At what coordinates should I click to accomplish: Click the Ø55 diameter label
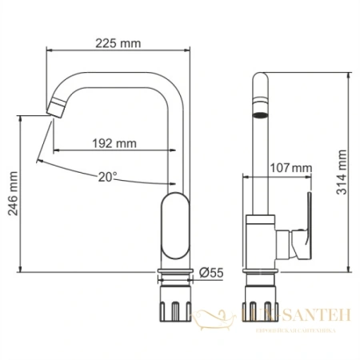pos(212,272)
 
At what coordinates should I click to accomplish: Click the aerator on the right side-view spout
pos(259,107)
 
